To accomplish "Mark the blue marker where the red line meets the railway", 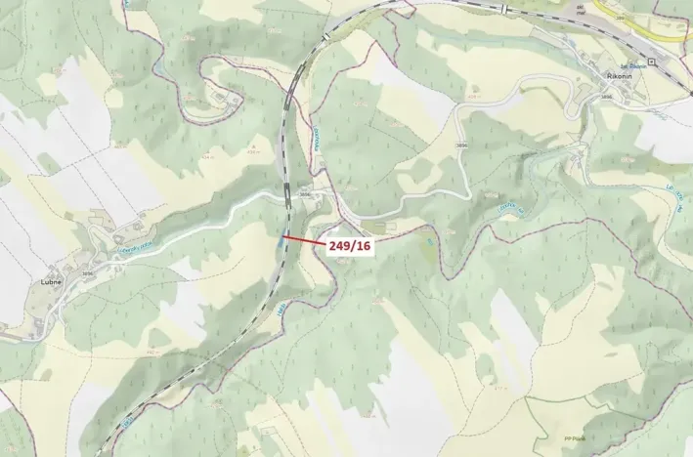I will coord(282,235).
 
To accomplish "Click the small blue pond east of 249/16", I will coord(428,237).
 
